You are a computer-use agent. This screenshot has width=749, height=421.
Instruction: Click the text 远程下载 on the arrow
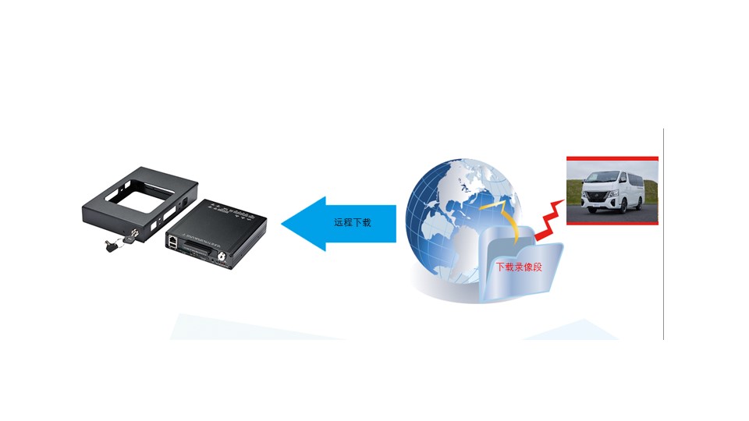(x=352, y=223)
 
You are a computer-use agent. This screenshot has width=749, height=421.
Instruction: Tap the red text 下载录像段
(x=519, y=266)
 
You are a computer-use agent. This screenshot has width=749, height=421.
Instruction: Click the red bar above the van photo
(x=612, y=158)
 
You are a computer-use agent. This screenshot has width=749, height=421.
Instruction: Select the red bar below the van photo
(x=612, y=223)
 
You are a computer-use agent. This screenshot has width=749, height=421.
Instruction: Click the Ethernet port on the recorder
(x=172, y=240)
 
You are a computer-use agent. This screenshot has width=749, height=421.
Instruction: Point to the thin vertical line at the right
(x=663, y=234)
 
